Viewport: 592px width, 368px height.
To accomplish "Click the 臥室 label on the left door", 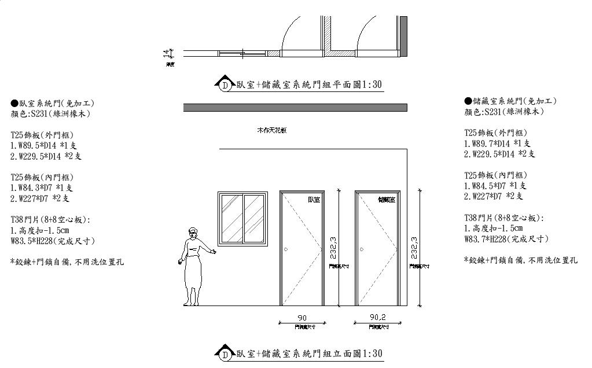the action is click(314, 200).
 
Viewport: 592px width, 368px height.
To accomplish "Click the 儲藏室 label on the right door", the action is click(387, 200).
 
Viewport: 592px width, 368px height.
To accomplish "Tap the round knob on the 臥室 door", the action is click(286, 249).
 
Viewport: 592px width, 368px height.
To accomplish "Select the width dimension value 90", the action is click(302, 318).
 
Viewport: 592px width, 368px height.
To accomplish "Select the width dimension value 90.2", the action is click(378, 317).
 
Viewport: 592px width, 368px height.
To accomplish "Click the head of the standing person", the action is click(192, 234).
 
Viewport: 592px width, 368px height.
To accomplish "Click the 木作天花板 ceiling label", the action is click(272, 131).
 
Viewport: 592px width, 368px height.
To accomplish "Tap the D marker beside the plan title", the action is click(225, 86).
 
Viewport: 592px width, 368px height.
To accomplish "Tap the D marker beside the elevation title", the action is click(225, 354).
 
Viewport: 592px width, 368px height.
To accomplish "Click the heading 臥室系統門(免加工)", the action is click(52, 103).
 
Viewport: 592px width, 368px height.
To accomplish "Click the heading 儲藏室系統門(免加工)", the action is click(510, 101).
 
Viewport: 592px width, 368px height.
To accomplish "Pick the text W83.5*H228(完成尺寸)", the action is click(53, 241).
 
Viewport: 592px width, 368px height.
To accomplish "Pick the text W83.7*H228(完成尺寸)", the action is click(506, 239).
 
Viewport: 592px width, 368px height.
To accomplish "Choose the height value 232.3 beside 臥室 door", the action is click(332, 247).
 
